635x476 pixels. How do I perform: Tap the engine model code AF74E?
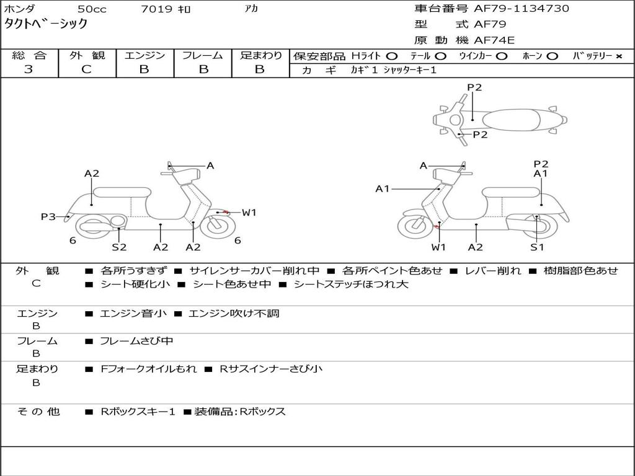494,40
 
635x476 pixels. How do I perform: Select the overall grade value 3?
29,69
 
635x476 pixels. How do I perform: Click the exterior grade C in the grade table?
87,69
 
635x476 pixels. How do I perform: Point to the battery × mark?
619,56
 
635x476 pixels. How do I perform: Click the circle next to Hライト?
392,56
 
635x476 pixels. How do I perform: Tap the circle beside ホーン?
552,56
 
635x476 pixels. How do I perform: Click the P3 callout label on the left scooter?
48,216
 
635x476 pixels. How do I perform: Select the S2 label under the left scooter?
119,247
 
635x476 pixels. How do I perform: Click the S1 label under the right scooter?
537,247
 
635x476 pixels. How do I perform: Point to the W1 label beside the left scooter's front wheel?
249,213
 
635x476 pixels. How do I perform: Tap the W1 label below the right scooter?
438,247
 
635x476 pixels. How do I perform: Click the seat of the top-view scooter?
511,120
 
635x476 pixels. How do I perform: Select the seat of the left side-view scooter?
122,192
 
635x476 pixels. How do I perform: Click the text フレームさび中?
136,342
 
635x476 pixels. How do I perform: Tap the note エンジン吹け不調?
234,313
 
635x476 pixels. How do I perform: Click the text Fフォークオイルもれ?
149,369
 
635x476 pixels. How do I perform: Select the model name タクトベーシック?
45,24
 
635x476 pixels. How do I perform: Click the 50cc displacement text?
92,9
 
